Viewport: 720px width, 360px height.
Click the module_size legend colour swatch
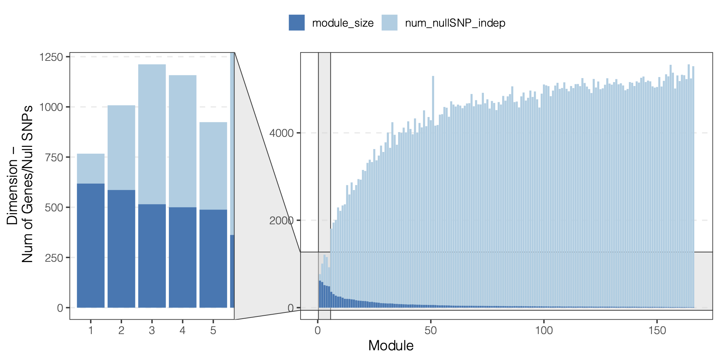pos(297,23)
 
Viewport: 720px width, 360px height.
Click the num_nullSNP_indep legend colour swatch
pos(390,23)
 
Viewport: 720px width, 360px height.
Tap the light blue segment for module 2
pos(121,148)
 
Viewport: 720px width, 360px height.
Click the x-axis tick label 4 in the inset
pos(183,330)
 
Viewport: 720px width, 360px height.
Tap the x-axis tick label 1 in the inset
pos(91,330)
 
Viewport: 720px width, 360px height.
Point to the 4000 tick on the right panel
pos(282,133)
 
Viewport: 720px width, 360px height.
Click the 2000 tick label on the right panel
pos(282,220)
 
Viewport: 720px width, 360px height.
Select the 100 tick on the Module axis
pos(544,330)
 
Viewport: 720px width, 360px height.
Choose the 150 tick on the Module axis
pos(657,330)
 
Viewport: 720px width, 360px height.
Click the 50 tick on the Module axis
pos(431,330)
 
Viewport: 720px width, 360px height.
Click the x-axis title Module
pos(391,346)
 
